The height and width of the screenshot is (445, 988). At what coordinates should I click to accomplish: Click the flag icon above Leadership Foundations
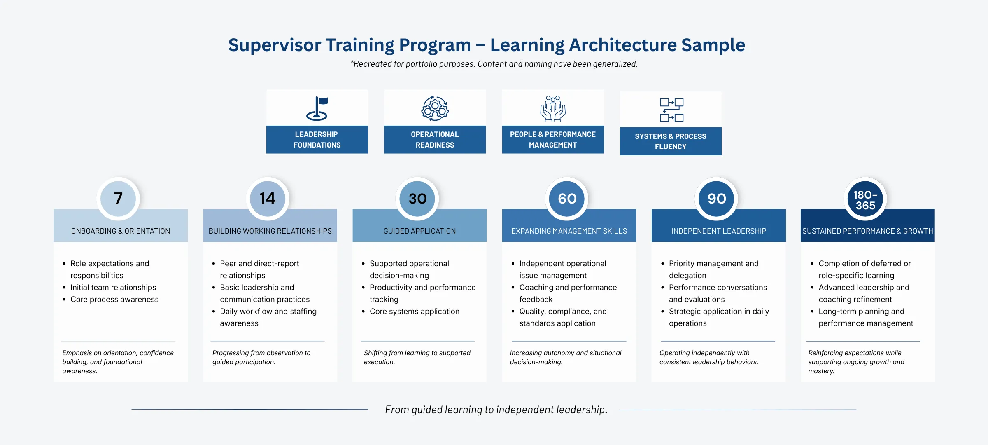click(x=317, y=108)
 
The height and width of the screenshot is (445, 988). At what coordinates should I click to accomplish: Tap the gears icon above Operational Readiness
click(x=435, y=108)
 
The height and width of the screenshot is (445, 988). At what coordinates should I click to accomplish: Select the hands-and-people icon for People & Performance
click(x=553, y=108)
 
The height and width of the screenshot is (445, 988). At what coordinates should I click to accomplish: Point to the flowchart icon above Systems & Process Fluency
click(x=671, y=110)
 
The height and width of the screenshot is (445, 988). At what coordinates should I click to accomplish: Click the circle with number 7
click(x=118, y=199)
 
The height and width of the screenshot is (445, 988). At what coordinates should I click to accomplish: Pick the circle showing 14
click(x=268, y=199)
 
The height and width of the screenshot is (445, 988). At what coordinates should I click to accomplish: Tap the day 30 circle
click(x=417, y=199)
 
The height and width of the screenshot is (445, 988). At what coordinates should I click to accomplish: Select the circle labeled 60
click(x=567, y=199)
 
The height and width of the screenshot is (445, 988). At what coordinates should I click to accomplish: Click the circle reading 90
click(x=716, y=199)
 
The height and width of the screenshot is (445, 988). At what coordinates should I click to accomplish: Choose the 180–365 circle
click(x=865, y=200)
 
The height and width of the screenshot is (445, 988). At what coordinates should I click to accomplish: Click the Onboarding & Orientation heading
click(x=121, y=231)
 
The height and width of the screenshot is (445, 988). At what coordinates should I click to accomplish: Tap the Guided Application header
click(x=419, y=231)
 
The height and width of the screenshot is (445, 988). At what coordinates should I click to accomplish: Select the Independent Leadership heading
click(x=718, y=231)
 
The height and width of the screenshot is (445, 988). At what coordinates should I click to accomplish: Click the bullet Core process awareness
click(x=114, y=300)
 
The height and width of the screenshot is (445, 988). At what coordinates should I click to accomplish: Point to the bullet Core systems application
click(x=414, y=311)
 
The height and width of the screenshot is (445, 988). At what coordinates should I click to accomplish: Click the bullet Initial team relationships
click(x=113, y=288)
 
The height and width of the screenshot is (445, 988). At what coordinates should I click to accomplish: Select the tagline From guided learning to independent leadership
click(x=496, y=410)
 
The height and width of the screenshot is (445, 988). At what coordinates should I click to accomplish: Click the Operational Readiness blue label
click(x=435, y=140)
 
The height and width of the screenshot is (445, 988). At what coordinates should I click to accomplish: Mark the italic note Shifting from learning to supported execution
click(x=417, y=357)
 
